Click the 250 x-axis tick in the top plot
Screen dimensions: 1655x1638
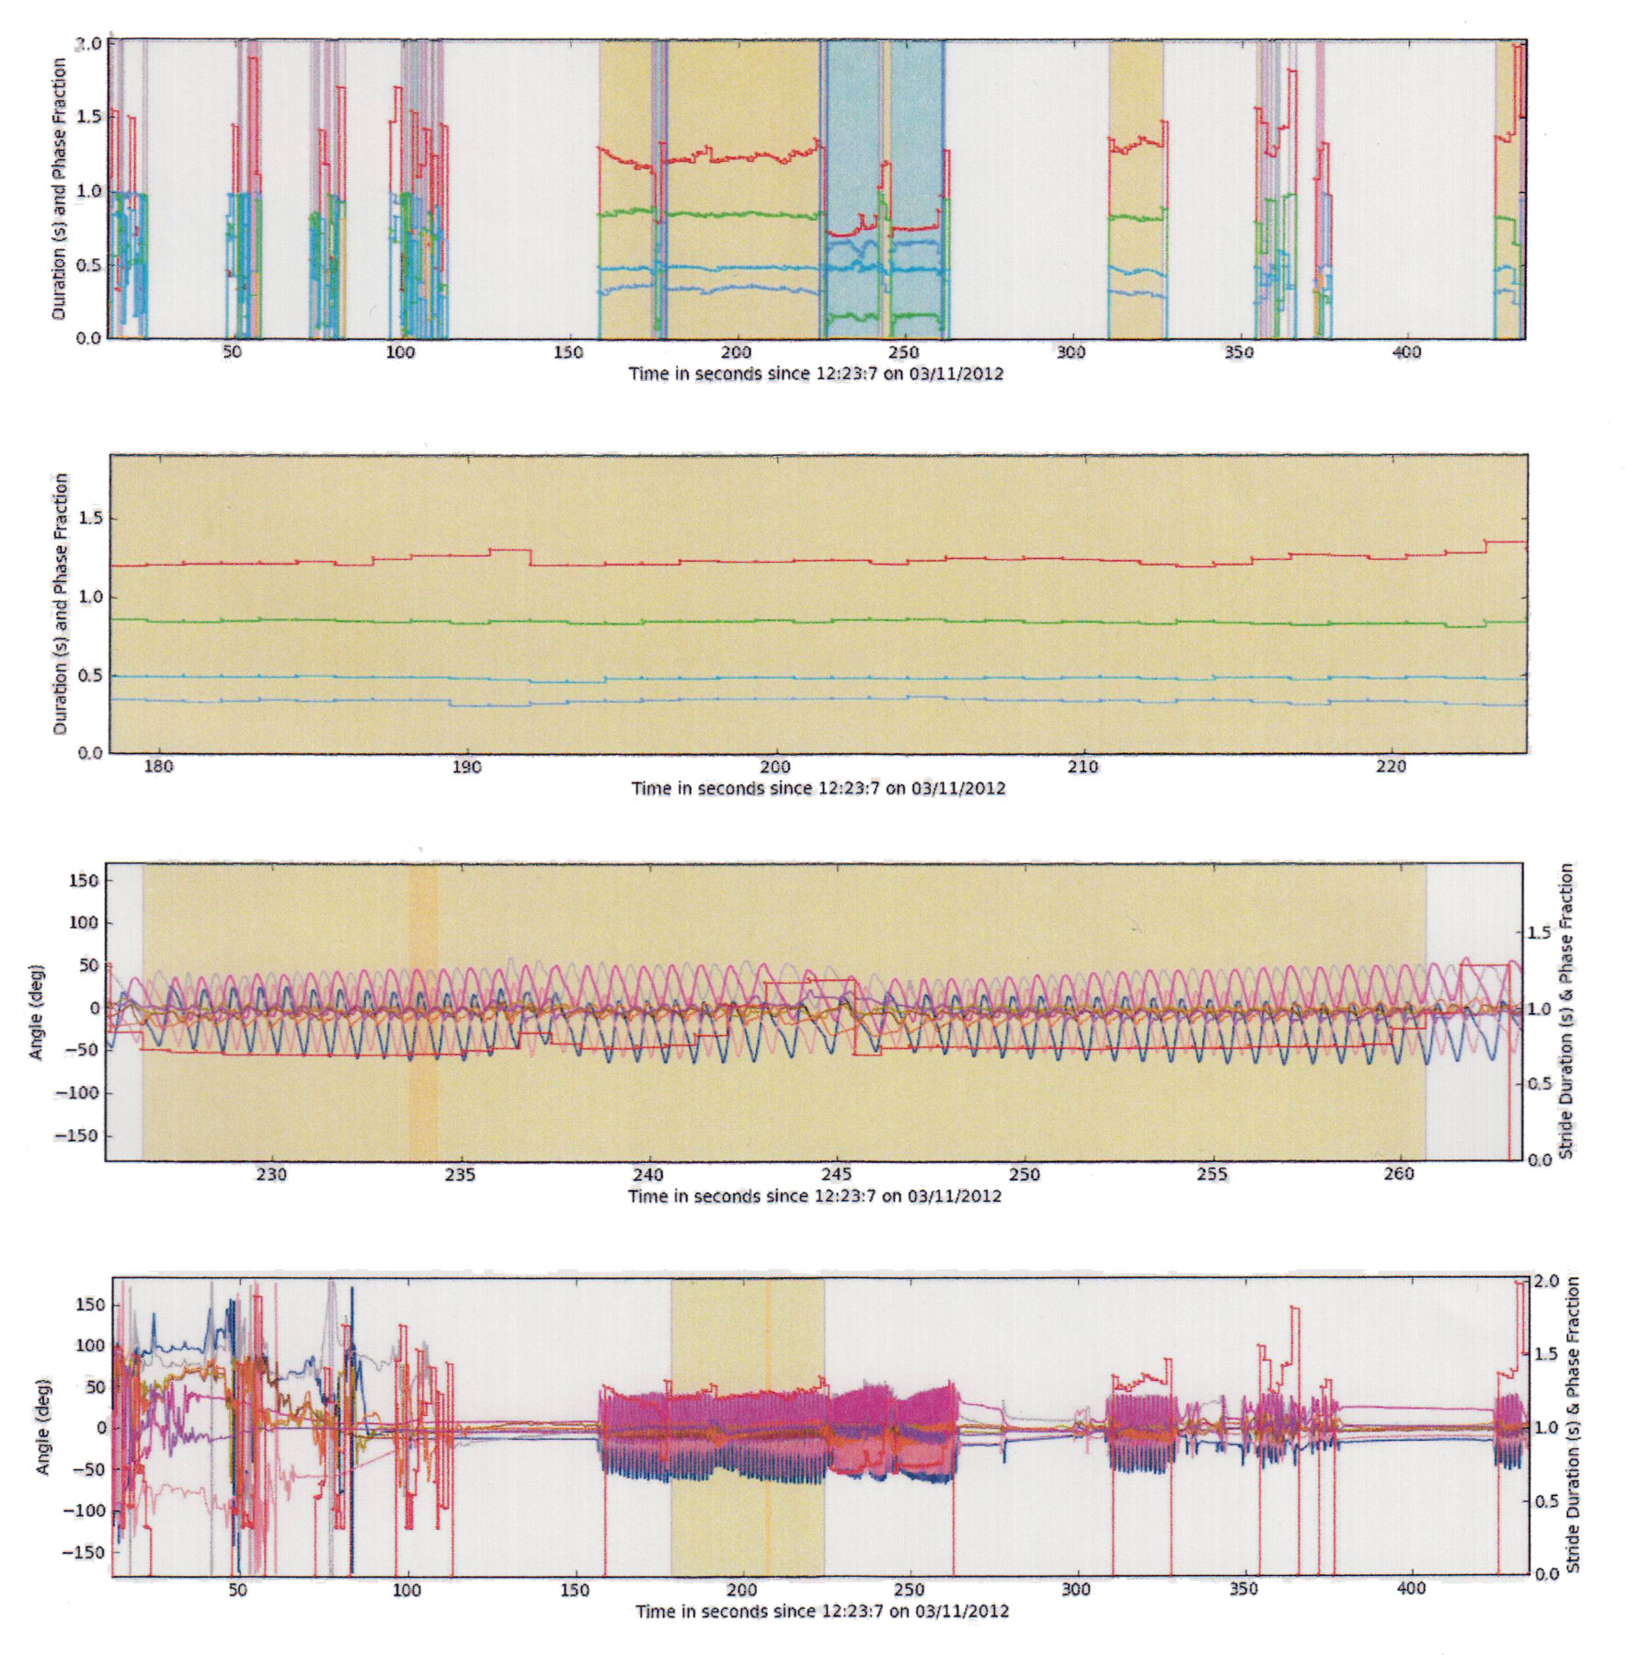[904, 353]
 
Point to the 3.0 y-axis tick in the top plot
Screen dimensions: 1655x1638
[88, 44]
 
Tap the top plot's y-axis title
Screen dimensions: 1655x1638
[60, 188]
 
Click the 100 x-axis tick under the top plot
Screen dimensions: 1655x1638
[400, 353]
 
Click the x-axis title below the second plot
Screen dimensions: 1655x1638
[818, 788]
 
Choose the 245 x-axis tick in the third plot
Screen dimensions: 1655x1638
[837, 1175]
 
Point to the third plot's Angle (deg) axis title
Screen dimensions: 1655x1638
[37, 1011]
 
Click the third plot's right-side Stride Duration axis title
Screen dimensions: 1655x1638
[1567, 1011]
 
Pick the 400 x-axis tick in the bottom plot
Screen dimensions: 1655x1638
[1411, 1589]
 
